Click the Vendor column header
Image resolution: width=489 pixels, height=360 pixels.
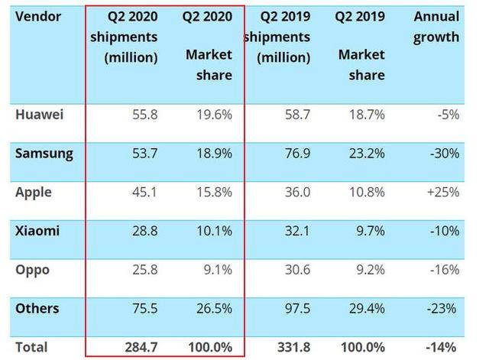[x=38, y=16]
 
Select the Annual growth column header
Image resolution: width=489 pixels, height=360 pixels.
[x=436, y=27]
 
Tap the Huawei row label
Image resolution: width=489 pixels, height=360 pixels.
[x=39, y=115]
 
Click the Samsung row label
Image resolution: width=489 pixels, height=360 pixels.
[x=44, y=154]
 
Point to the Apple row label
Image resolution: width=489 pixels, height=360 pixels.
[x=34, y=193]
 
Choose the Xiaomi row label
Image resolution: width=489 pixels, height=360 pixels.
[x=37, y=231]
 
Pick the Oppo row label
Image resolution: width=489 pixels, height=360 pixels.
[x=32, y=270]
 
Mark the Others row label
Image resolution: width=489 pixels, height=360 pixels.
[x=37, y=309]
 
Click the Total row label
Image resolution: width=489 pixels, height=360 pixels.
[x=31, y=347]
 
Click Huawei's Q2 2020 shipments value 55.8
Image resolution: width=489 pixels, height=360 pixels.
[x=145, y=115]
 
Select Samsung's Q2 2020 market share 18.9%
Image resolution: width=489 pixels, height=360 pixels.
[x=214, y=154]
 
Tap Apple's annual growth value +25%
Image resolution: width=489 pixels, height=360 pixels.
[x=443, y=192]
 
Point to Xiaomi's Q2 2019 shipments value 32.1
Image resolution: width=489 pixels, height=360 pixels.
[x=297, y=231]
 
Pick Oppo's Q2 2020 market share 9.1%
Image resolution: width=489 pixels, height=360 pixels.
[x=218, y=270]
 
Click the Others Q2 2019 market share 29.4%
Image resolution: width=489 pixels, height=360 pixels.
[x=367, y=309]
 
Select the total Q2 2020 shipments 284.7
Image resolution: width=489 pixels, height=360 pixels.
[x=141, y=347]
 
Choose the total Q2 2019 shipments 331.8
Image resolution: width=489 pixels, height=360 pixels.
[x=293, y=347]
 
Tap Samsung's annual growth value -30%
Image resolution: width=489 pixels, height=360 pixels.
[x=445, y=154]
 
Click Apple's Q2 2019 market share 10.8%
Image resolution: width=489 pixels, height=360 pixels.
[x=367, y=192]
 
